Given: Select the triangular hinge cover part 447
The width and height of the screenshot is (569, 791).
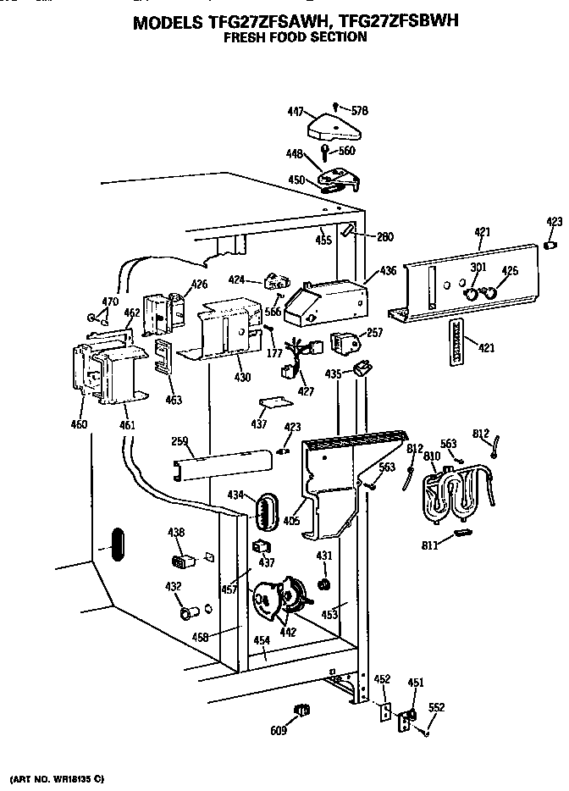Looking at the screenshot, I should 333,126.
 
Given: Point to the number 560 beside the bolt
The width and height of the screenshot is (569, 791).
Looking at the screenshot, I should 346,151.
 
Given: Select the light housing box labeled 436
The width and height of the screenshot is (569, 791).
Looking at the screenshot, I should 326,301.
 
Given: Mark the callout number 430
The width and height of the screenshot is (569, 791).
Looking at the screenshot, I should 242,376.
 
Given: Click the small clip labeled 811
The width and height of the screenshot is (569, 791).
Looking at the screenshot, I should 461,532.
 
